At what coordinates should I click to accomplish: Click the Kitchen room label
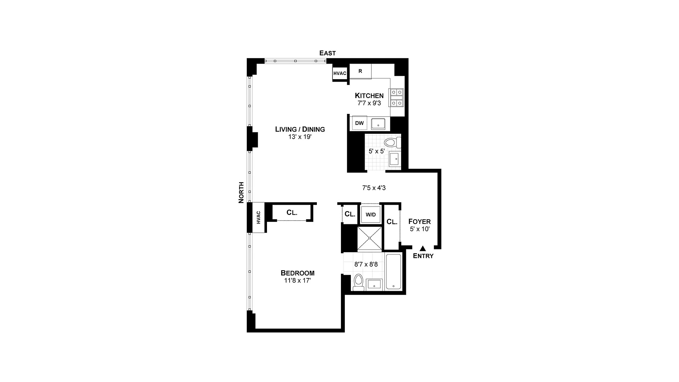click(x=369, y=95)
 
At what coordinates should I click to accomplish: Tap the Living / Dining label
click(x=300, y=129)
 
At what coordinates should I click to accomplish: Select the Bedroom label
click(x=297, y=273)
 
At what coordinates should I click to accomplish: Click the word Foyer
click(x=419, y=222)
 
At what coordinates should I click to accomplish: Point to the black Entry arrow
click(x=423, y=249)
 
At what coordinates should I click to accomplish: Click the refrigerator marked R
click(x=360, y=71)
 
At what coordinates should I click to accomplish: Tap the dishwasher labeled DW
click(x=359, y=123)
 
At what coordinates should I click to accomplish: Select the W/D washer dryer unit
click(x=371, y=215)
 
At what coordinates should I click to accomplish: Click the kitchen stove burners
click(x=397, y=98)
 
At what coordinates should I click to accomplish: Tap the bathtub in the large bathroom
click(x=393, y=272)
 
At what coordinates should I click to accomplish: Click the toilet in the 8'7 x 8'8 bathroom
click(x=359, y=282)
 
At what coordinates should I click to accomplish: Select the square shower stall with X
click(x=370, y=239)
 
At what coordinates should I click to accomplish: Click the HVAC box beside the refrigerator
click(x=340, y=73)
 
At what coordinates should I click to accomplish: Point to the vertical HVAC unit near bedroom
click(x=258, y=218)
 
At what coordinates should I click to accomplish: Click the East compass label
click(x=327, y=53)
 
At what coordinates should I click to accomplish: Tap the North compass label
click(x=241, y=192)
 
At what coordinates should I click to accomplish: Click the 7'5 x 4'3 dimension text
click(x=374, y=188)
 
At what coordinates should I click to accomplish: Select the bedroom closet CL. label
click(x=292, y=213)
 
